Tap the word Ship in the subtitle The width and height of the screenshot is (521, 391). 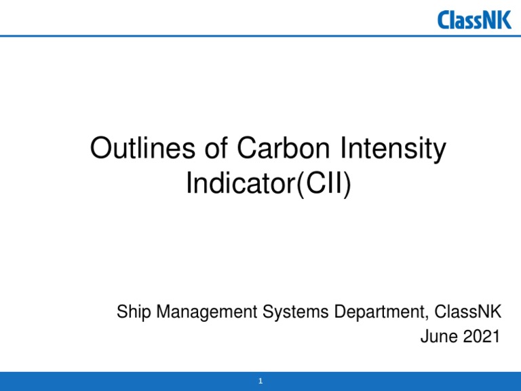pyautogui.click(x=134, y=313)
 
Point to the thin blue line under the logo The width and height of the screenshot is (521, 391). pyautogui.click(x=204, y=35)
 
